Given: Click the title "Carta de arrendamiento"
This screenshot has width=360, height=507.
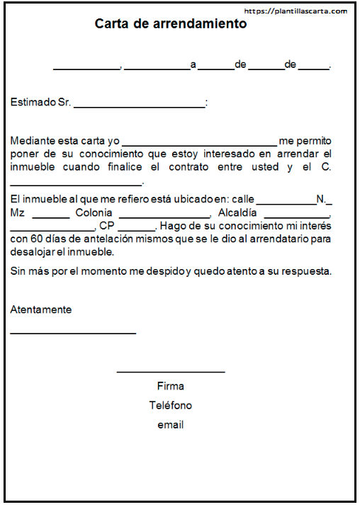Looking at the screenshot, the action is [x=171, y=23].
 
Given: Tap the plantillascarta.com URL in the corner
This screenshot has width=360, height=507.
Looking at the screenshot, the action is [x=296, y=11].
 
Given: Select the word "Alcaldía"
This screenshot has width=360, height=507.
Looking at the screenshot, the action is [x=237, y=212].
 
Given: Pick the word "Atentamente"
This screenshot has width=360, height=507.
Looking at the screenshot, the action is [x=41, y=309].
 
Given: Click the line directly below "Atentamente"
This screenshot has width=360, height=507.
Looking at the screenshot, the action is [x=73, y=333].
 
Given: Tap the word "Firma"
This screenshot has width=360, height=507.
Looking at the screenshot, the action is [x=170, y=386].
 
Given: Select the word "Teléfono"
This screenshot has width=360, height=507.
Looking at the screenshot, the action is [x=170, y=406].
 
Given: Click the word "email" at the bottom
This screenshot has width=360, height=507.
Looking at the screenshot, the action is [x=170, y=425].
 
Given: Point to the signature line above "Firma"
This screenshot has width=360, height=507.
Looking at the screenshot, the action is [x=170, y=372].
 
